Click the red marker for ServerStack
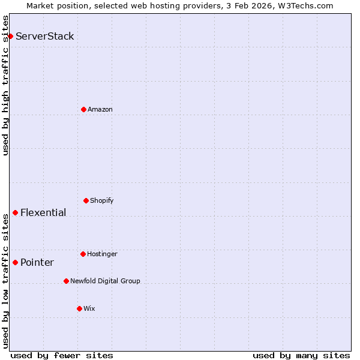pyautogui.click(x=10, y=36)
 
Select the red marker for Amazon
pyautogui.click(x=83, y=109)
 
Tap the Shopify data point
pyautogui.click(x=86, y=200)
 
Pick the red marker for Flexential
pyautogui.click(x=15, y=212)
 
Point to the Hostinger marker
pyautogui.click(x=83, y=254)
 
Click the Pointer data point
pyautogui.click(x=15, y=262)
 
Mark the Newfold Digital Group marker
pyautogui.click(x=66, y=281)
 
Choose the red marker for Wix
pyautogui.click(x=79, y=308)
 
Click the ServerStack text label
pyautogui.click(x=45, y=36)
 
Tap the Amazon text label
pyautogui.click(x=100, y=109)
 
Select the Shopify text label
pyautogui.click(x=102, y=200)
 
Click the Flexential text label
pyautogui.click(x=43, y=212)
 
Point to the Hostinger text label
pyautogui.click(x=102, y=254)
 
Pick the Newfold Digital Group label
pyautogui.click(x=105, y=281)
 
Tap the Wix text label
pyautogui.click(x=89, y=308)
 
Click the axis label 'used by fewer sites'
pyautogui.click(x=62, y=355)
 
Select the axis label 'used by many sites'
pyautogui.click(x=301, y=355)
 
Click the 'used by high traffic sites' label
pyautogui.click(x=5, y=85)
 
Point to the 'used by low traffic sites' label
pyautogui.click(x=5, y=281)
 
